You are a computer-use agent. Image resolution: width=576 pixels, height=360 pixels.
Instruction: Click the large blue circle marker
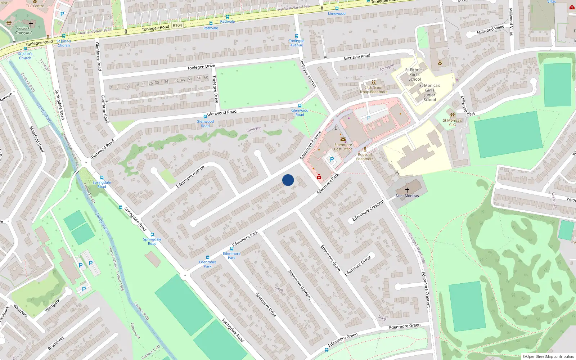coord(288,180)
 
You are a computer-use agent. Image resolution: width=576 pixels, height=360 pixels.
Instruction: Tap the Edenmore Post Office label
coord(343,147)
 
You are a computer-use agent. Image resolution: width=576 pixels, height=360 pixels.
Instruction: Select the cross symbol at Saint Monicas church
coord(407,190)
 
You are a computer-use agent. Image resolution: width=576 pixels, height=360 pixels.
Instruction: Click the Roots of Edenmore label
coord(365,157)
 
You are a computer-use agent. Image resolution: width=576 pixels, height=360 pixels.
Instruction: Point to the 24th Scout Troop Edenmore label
coord(373,90)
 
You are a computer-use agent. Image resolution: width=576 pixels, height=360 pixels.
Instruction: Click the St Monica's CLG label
coord(452,122)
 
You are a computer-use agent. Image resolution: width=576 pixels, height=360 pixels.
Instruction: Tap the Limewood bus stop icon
coord(337,9)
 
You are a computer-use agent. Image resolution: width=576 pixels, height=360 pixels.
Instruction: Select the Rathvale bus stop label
coord(211,28)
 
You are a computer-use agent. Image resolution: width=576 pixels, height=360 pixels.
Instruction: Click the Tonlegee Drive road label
coord(201,67)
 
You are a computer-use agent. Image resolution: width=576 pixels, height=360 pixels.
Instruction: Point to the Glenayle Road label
coord(357,57)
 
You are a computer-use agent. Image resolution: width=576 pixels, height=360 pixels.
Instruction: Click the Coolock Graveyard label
coord(23,31)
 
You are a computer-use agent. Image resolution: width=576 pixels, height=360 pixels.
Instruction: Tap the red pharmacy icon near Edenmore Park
coord(319,177)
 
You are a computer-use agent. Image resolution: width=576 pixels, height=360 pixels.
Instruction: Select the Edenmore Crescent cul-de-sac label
coord(368,211)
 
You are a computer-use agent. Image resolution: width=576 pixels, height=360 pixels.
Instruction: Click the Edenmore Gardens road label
coord(300,285)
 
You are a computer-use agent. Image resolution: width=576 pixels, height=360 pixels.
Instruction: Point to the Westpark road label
coord(53,306)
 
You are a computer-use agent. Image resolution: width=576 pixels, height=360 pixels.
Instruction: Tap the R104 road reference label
coord(177,26)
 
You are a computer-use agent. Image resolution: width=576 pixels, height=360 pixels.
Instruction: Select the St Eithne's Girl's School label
coord(414,75)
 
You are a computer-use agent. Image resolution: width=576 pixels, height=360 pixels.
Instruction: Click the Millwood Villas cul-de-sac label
coord(490,30)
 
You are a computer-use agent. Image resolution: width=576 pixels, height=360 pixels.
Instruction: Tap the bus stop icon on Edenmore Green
coord(327,350)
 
